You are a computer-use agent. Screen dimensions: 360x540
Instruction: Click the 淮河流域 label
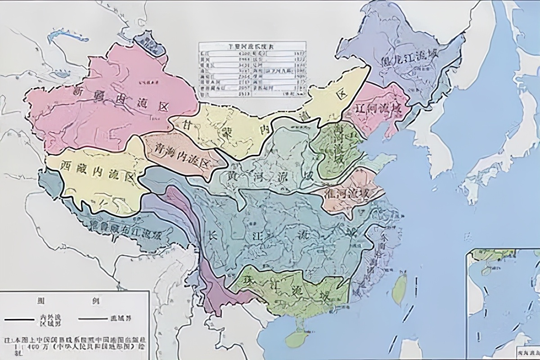click(x=351, y=194)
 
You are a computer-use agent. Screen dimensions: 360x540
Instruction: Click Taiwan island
click(x=399, y=288)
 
